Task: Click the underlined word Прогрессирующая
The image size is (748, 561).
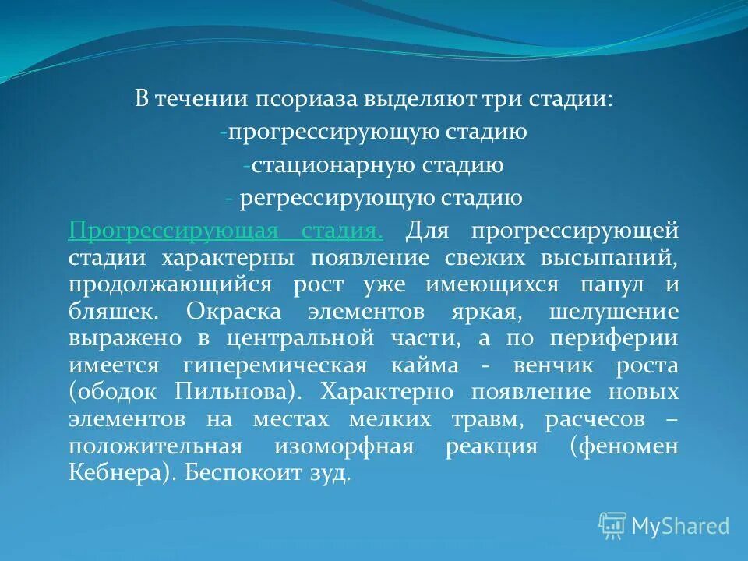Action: pos(174,231)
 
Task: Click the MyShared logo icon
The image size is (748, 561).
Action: pos(612,526)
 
